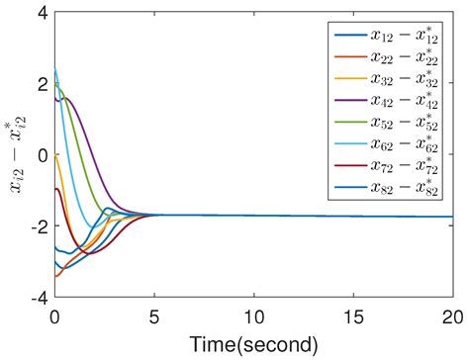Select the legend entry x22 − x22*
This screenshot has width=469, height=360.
pos(405,58)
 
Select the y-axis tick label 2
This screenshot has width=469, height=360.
pos(41,84)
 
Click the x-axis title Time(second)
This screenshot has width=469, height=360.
pos(254,344)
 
